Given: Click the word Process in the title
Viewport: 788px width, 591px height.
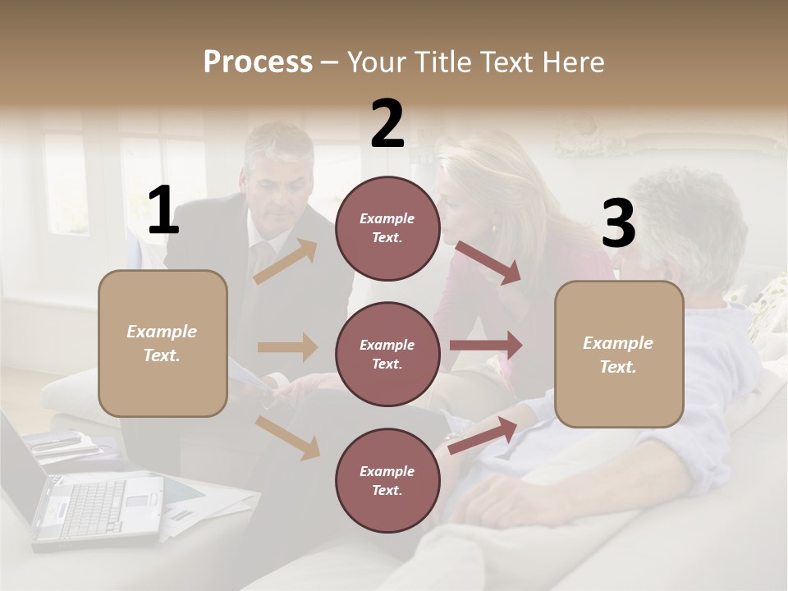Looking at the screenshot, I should [258, 62].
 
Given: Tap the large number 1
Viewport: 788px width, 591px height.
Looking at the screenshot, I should [163, 211].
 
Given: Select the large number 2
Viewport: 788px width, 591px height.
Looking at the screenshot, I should [387, 124].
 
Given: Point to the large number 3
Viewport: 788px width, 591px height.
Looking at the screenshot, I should [618, 224].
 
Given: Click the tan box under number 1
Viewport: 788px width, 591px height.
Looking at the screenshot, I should [163, 343].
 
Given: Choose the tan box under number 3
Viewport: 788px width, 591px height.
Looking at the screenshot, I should [619, 355].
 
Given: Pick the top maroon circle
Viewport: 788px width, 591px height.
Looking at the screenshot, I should [387, 228].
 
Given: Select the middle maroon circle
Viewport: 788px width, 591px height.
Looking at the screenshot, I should [387, 354].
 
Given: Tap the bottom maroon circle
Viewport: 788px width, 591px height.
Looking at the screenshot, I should [387, 480].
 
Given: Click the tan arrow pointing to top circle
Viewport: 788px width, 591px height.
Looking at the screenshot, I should [286, 261].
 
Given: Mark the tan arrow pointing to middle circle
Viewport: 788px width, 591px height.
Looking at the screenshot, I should [287, 347].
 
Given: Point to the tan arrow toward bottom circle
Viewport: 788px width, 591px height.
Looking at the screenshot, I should [287, 437].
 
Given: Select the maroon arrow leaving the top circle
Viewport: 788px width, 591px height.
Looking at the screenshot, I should [488, 262].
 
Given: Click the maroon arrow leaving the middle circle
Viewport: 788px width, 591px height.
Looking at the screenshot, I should [485, 345].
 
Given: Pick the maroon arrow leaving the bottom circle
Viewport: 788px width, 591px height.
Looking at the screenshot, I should [483, 435].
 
